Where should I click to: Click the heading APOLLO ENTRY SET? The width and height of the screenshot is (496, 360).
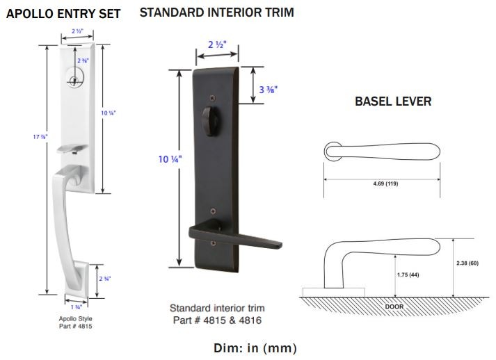63,14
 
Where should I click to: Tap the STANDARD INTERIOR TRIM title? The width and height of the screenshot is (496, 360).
216,13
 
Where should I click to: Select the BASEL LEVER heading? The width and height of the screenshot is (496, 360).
393,101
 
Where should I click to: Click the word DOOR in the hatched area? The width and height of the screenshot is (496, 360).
394,306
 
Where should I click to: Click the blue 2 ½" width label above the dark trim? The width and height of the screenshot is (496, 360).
217,47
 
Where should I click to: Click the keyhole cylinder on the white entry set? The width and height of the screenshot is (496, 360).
74,80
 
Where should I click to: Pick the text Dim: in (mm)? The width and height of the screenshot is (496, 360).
254,347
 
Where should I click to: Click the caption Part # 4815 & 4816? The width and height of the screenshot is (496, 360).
217,320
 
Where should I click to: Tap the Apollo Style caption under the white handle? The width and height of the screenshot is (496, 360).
76,318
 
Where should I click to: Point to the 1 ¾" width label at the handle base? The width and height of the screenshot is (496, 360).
77,306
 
